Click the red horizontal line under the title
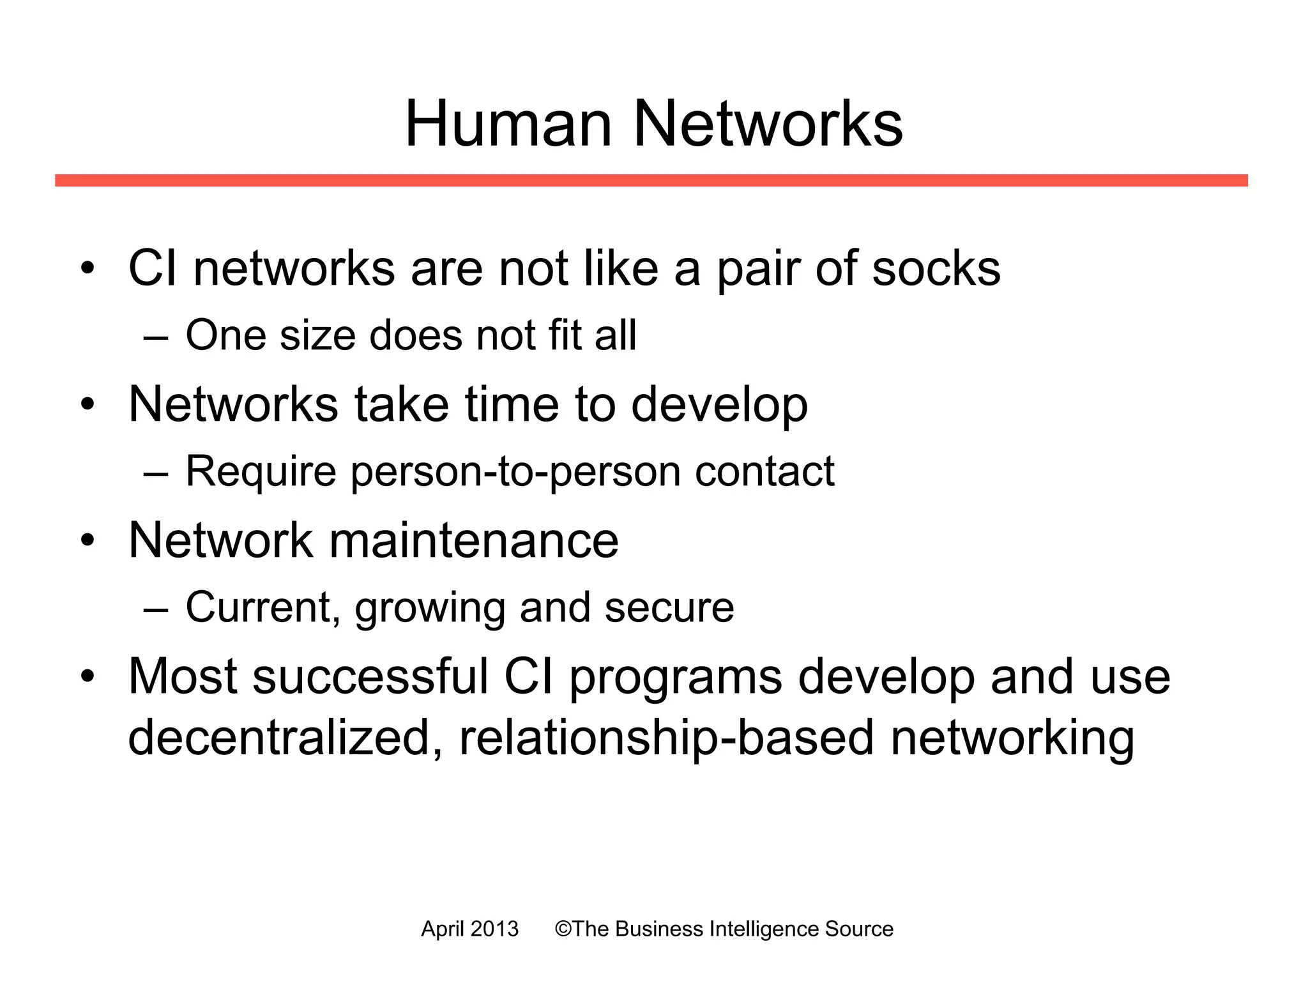(651, 180)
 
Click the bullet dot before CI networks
(87, 268)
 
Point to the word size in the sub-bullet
(317, 336)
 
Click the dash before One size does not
(156, 336)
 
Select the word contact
(764, 471)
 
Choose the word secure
(669, 607)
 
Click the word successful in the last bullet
(370, 676)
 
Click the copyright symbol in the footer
(563, 929)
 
